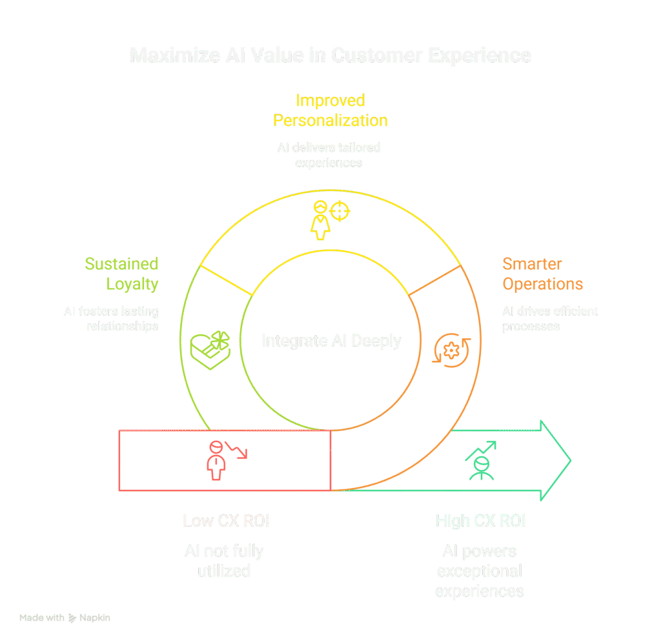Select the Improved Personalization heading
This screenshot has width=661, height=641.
[x=330, y=110]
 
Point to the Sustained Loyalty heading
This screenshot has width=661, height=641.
[x=122, y=274]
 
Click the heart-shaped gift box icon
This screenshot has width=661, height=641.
[x=209, y=351]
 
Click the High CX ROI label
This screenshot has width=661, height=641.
[x=480, y=520]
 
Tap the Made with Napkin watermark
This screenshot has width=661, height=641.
[x=65, y=618]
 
